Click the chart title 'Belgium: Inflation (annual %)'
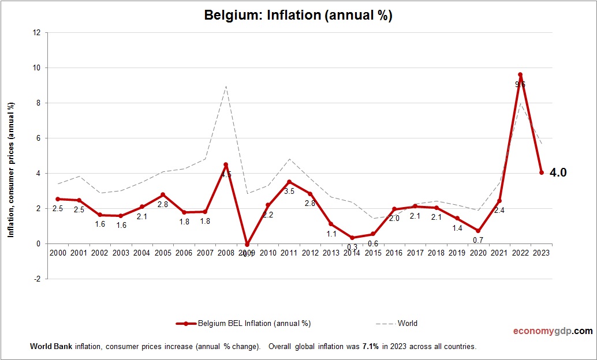coord(298,16)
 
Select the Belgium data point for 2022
coord(520,74)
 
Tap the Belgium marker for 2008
coord(226,164)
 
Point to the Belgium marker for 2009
coord(247,245)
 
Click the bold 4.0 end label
coord(558,172)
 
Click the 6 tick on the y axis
coord(38,138)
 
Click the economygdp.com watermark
coord(553,331)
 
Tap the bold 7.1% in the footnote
coord(371,347)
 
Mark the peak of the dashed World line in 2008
coord(226,87)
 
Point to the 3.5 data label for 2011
coord(289,191)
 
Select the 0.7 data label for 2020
coord(478,239)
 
